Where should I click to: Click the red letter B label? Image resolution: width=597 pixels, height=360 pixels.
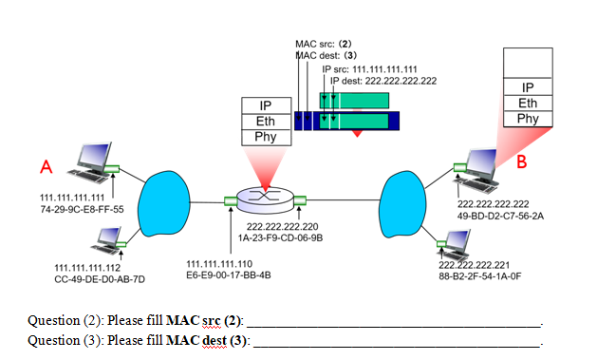520,162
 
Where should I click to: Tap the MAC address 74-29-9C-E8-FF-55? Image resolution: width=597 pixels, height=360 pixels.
82,209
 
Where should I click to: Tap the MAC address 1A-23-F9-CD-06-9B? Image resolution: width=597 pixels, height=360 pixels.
280,238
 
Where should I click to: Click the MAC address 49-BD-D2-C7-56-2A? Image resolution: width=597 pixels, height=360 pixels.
500,216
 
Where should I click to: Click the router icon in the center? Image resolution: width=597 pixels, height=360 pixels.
264,199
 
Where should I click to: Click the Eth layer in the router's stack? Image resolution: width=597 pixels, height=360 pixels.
264,122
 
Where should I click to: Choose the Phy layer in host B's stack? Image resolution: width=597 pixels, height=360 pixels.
528,119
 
